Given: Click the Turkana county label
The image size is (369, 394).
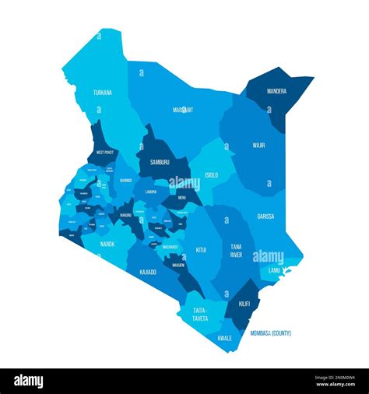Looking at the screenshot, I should (103, 93).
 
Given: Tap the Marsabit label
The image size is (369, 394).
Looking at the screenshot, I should (183, 110).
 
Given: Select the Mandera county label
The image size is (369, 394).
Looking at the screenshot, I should (276, 91).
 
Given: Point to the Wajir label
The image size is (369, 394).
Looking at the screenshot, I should (258, 145).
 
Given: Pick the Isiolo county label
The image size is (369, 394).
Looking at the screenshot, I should (211, 175).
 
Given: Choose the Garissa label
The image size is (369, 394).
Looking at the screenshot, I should (265, 216).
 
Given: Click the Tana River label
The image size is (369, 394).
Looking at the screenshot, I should (235, 251).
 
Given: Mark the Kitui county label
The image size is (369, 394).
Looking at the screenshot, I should (201, 250).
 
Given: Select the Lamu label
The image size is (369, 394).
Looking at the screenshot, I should (274, 270).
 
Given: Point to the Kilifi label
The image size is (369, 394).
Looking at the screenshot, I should (244, 302).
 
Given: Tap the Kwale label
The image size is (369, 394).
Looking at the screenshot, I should (225, 337).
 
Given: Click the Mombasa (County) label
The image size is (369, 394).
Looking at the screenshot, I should (271, 333).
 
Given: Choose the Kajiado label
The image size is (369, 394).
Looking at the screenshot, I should (148, 272).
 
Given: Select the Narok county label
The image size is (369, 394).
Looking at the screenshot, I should (107, 244).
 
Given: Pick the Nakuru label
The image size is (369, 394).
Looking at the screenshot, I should (125, 215).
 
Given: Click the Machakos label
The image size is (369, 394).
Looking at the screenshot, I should (170, 247).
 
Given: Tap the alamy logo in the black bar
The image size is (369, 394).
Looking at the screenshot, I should (29, 381).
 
